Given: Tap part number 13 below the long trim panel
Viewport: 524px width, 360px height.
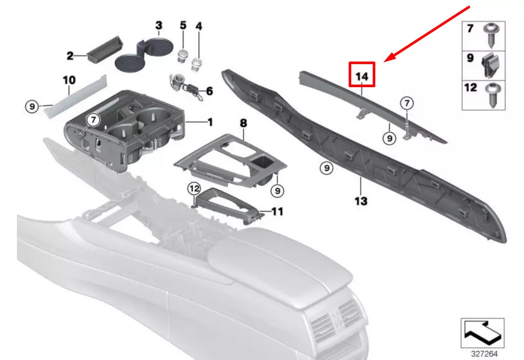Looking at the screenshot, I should click(x=360, y=201).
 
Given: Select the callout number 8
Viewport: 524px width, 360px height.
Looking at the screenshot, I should click(x=243, y=123).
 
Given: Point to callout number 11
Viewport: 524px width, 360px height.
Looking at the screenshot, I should click(x=277, y=211).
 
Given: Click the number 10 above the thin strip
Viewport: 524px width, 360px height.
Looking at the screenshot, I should click(x=69, y=80).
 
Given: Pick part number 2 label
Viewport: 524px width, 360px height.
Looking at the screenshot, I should click(x=70, y=55).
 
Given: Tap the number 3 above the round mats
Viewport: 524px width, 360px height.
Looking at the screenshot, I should click(x=158, y=25).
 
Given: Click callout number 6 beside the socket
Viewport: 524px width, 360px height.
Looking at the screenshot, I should click(x=209, y=91).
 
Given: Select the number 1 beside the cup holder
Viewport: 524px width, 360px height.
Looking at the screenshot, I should click(x=209, y=122).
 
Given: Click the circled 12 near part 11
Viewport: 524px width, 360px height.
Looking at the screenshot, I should click(x=193, y=189).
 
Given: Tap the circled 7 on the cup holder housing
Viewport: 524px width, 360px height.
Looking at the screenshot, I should click(x=92, y=120).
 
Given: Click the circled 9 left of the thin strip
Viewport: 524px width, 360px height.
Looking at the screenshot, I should click(x=32, y=107).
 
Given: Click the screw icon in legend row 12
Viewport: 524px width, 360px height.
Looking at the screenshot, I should click(x=491, y=92).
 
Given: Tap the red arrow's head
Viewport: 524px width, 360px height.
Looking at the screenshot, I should click(x=388, y=58).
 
